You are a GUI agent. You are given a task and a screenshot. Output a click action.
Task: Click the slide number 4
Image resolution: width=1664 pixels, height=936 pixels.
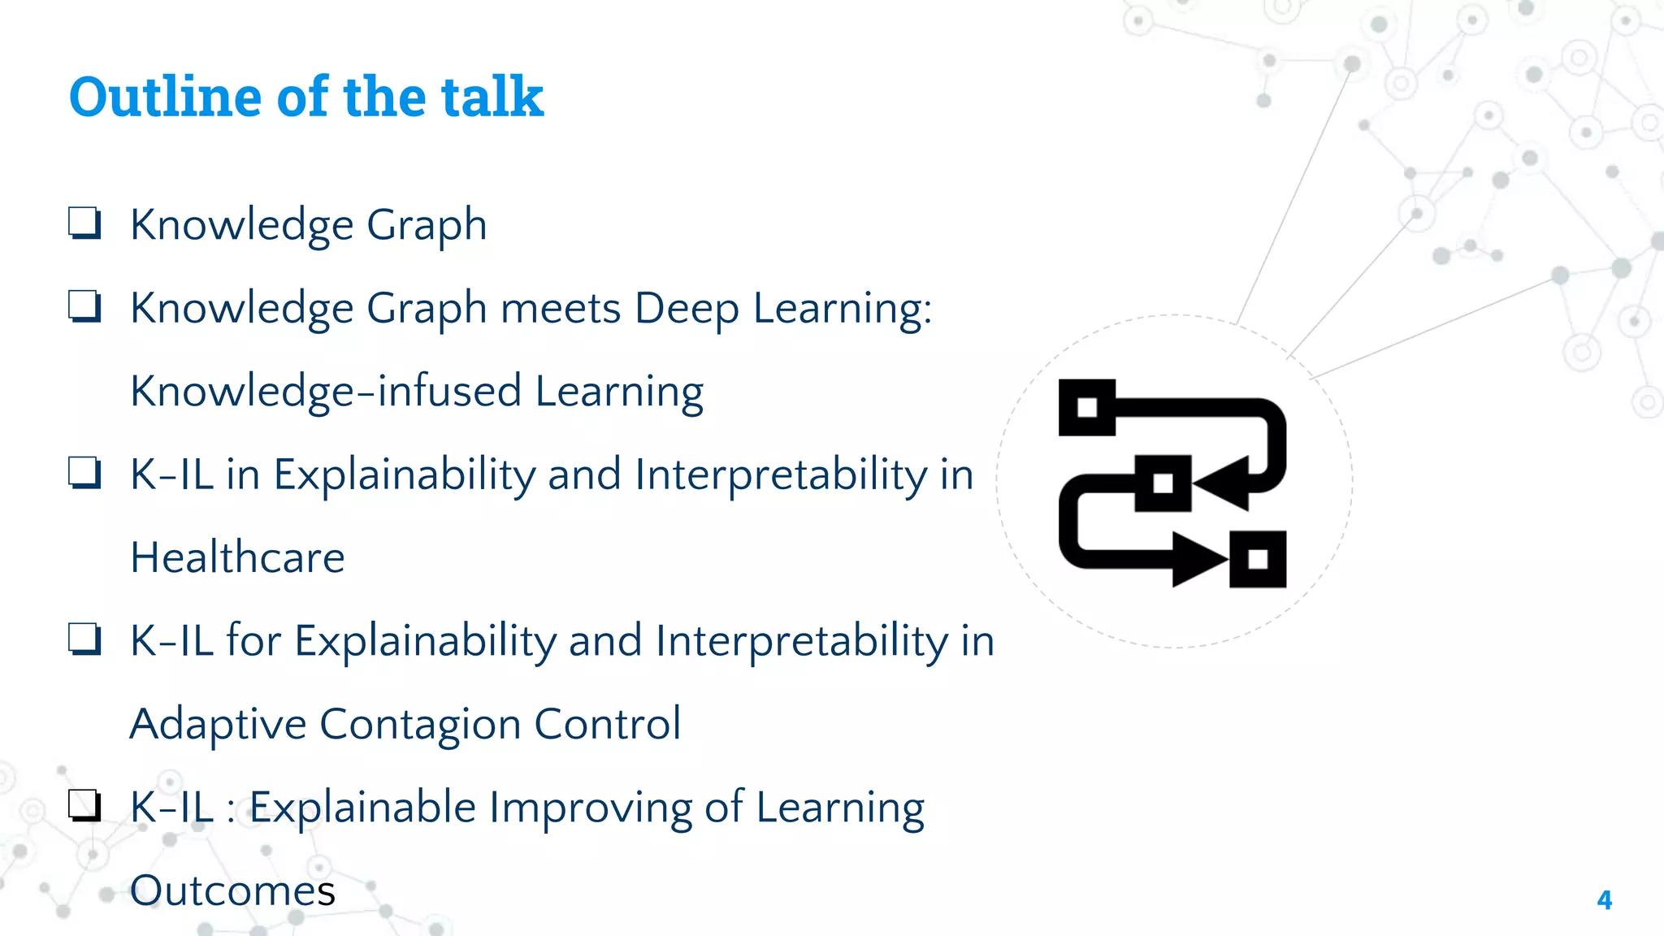coord(1604,900)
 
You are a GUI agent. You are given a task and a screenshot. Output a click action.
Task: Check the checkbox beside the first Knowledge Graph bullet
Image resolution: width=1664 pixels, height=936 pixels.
coord(84,223)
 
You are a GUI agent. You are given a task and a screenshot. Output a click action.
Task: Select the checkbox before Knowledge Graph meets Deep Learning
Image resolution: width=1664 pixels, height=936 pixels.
coord(84,307)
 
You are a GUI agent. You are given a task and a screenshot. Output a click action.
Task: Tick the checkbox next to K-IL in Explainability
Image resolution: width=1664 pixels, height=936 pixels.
coord(84,473)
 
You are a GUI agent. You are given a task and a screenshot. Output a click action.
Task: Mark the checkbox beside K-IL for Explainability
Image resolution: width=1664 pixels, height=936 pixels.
coord(84,639)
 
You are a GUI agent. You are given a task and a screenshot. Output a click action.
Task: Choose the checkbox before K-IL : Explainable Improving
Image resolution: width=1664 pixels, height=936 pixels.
coord(84,805)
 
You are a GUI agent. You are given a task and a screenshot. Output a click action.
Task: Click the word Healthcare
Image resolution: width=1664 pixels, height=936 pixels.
coord(237,557)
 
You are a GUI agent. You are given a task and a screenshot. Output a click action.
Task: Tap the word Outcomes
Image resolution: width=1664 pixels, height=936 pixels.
coord(232,890)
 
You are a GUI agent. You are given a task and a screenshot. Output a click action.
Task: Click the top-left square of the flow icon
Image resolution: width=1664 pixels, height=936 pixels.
coord(1087,407)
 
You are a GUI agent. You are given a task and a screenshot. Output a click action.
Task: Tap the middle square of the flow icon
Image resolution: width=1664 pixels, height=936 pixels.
coord(1163,483)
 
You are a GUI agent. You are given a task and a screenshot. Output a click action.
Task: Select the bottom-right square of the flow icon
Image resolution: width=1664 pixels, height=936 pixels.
coord(1258,559)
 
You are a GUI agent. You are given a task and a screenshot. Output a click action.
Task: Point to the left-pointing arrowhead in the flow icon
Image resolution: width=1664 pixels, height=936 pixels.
coord(1223,483)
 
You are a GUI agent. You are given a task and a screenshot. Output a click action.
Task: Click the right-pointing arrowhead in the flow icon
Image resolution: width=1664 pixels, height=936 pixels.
coord(1198,559)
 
